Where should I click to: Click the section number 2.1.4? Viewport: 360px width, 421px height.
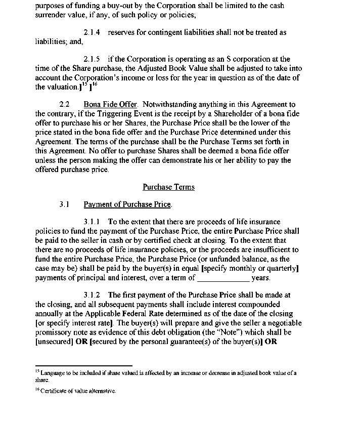point(92,32)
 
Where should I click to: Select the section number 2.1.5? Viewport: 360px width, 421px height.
point(92,59)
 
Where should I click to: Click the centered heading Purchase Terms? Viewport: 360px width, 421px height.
point(168,187)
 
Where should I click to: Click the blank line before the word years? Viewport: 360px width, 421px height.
point(223,278)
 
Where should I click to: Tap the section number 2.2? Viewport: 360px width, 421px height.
point(64,105)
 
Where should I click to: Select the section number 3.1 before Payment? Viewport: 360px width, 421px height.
point(64,204)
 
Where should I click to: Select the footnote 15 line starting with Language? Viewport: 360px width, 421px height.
point(167,373)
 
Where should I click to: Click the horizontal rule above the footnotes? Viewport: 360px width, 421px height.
point(83,365)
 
